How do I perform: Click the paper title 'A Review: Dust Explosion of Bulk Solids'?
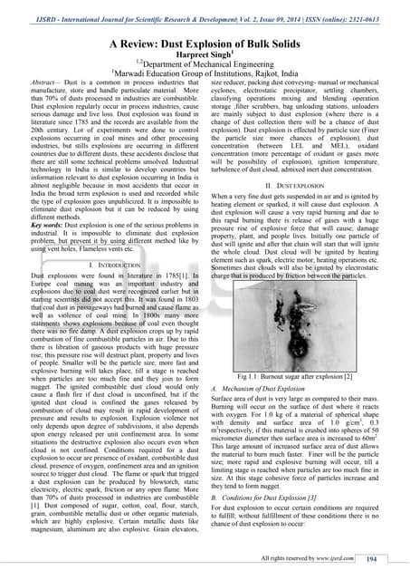point(205,43)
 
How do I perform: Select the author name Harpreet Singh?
point(205,55)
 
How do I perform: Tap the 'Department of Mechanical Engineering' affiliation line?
point(206,65)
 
